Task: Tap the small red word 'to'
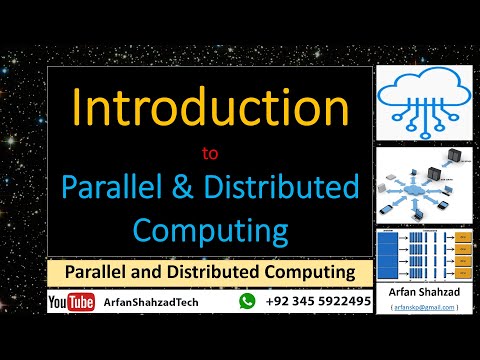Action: coord(210,155)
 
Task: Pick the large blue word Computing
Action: coord(210,230)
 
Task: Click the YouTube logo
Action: coord(71,301)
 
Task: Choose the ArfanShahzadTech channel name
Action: coord(150,301)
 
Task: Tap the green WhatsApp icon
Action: coord(247,300)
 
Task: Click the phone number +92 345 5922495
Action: coord(318,300)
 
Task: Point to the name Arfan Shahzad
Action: coord(424,293)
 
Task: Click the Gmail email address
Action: coord(424,307)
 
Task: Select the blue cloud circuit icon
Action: coord(424,102)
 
